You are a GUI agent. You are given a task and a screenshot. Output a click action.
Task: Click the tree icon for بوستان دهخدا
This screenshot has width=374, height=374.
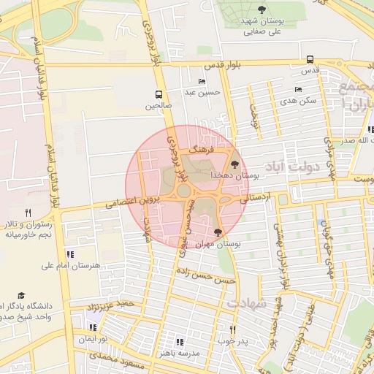tap(234, 165)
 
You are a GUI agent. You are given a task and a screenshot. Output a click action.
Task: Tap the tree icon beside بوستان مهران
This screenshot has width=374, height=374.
tap(218, 232)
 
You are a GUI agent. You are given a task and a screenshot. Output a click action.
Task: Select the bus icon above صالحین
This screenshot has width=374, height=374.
tap(159, 94)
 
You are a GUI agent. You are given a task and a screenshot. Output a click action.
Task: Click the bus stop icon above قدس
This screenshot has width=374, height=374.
tap(310, 60)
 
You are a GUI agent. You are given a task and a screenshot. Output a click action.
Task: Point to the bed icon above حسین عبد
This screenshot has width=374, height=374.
tap(202, 81)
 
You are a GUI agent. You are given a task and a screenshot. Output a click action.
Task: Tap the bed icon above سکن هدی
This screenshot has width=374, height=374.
tap(297, 89)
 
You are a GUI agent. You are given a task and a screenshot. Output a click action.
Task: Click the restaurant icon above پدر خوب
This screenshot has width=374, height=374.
tap(233, 329)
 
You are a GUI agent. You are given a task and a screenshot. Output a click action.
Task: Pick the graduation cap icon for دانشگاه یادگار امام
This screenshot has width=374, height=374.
tap(20, 294)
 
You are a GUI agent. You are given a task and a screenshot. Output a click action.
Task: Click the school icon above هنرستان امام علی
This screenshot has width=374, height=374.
tap(70, 255)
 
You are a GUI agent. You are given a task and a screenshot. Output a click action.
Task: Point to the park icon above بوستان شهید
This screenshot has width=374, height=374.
tap(262, 9)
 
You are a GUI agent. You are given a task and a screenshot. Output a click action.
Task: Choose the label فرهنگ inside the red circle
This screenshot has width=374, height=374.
tap(199, 148)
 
